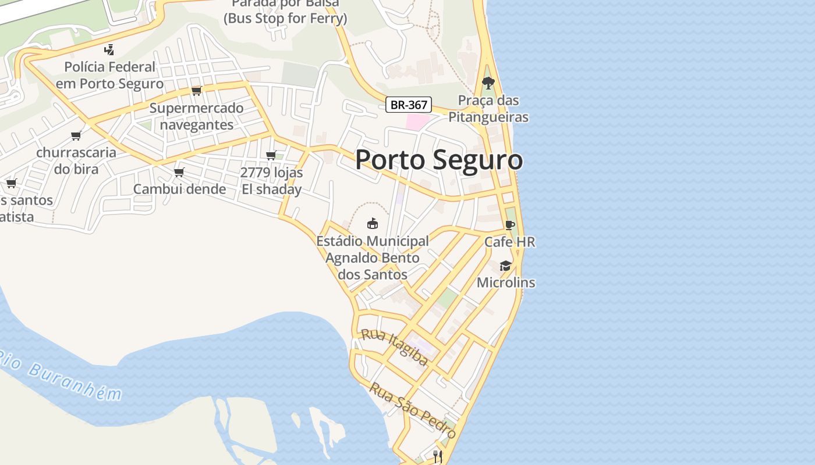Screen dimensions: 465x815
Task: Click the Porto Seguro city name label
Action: coord(439,160)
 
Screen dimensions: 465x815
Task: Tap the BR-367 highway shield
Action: coord(409,105)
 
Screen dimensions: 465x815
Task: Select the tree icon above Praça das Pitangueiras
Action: coord(488,83)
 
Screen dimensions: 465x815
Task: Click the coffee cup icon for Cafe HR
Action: coord(510,225)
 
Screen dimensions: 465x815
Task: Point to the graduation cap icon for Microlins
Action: coord(505,266)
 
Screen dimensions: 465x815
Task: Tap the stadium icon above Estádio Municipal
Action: coord(373,223)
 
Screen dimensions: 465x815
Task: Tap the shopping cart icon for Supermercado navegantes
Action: coord(197,91)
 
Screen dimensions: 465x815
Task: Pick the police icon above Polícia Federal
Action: coord(109,50)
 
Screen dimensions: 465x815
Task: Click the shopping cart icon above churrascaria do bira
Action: coord(76,136)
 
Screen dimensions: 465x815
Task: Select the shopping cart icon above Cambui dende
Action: coord(179,173)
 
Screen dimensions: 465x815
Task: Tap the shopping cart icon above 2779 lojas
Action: coord(271,156)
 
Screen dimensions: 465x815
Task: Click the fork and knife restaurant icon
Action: coord(438,456)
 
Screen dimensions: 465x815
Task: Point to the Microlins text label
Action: coord(506,282)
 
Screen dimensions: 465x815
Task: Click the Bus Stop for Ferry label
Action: coord(285,18)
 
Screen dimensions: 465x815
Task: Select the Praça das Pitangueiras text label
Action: coord(488,109)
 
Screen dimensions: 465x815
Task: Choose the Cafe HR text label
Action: coord(510,242)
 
